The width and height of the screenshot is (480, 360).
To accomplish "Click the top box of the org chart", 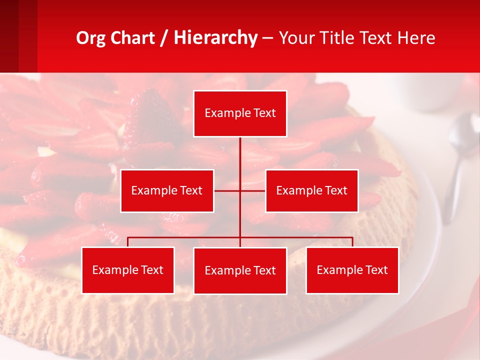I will pyautogui.click(x=240, y=113).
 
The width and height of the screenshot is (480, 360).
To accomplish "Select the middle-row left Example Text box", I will pyautogui.click(x=167, y=190).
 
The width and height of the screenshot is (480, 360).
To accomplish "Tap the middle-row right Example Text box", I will pyautogui.click(x=311, y=190).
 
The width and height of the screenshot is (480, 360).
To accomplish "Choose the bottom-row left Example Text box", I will pyautogui.click(x=128, y=270).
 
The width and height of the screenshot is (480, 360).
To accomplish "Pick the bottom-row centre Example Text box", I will pyautogui.click(x=240, y=270).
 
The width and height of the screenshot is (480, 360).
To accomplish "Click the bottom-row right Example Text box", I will pyautogui.click(x=352, y=270).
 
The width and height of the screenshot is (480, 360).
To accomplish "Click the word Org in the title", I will pyautogui.click(x=90, y=38).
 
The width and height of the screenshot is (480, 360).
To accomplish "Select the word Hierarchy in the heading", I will pyautogui.click(x=215, y=38).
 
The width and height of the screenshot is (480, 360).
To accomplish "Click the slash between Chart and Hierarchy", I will pyautogui.click(x=164, y=38).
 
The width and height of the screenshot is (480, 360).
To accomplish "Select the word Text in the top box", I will pyautogui.click(x=264, y=113).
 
